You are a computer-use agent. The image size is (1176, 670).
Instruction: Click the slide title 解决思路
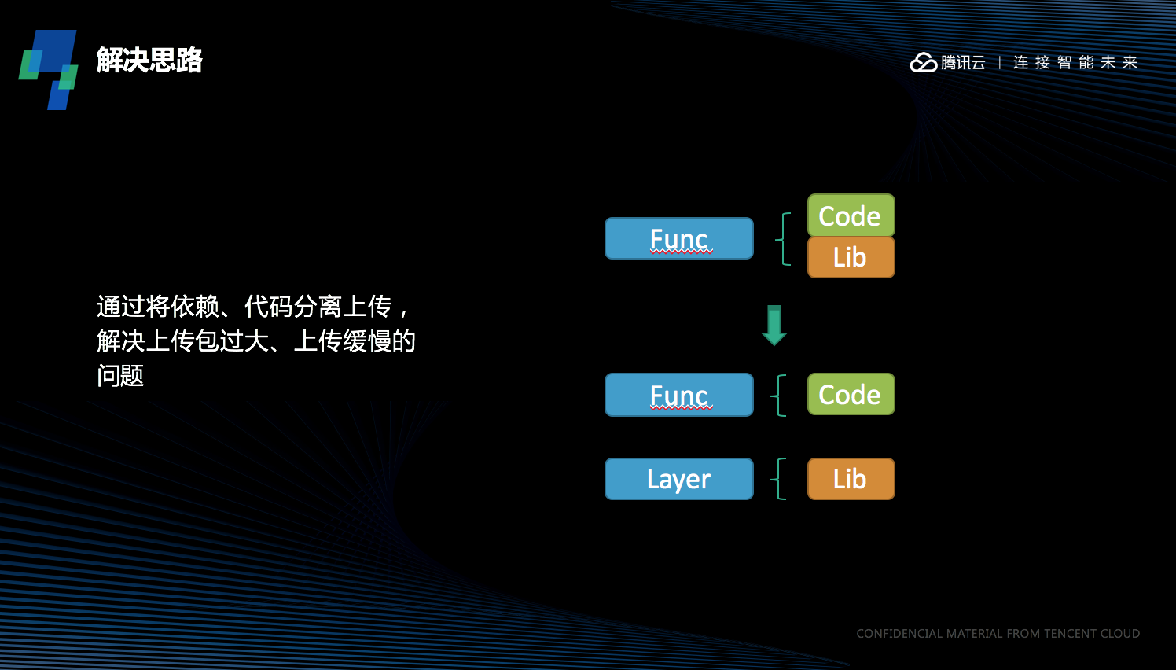149,60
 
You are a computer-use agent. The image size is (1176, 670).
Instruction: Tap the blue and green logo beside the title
49,69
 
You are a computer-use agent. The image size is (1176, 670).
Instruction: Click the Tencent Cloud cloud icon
923,62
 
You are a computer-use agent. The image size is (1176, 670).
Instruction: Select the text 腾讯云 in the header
963,62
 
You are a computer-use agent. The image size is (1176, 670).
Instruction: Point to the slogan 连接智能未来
1075,62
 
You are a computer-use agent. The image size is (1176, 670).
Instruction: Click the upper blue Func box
679,238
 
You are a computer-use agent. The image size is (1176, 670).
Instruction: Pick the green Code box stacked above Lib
851,215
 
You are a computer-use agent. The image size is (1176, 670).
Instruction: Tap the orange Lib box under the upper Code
851,257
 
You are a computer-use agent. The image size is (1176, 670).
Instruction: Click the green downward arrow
774,325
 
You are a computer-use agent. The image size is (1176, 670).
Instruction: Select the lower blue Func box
679,395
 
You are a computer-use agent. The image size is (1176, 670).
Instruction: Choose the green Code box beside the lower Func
851,394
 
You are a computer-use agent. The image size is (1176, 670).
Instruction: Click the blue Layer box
679,479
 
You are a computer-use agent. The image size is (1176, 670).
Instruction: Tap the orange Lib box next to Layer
851,479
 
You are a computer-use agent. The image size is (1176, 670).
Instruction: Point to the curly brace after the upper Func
783,238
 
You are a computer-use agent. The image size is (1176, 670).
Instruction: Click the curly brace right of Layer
780,479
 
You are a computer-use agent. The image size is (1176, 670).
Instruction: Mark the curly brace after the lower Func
780,395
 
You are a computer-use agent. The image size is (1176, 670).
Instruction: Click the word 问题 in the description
120,376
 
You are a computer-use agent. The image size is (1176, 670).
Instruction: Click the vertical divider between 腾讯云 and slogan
999,62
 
